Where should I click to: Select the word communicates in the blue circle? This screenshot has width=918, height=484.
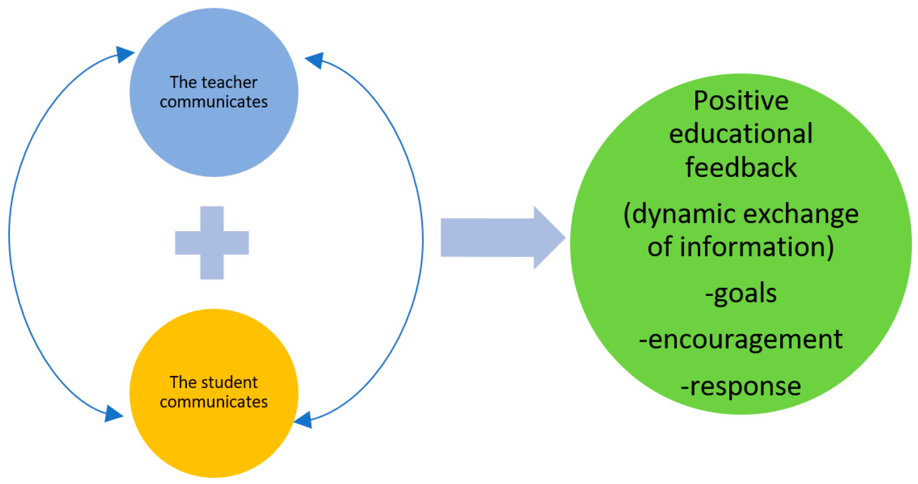click(213, 102)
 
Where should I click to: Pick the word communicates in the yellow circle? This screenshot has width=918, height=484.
click(213, 402)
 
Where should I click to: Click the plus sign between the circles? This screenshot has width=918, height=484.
click(212, 242)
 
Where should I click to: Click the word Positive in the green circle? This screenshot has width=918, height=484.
click(741, 101)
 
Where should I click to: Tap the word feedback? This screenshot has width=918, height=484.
click(741, 167)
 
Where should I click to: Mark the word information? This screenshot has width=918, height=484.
click(755, 247)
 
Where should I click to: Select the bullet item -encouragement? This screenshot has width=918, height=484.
click(741, 340)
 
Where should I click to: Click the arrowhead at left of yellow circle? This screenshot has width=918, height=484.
click(113, 414)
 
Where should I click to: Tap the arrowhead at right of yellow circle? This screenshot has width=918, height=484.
click(304, 420)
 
